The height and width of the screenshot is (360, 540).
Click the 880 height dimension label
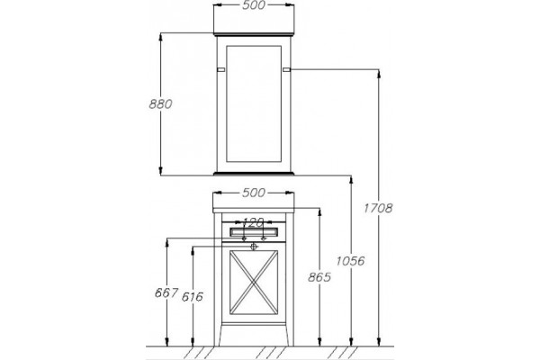click(x=160, y=103)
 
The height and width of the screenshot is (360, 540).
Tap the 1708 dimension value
click(x=378, y=208)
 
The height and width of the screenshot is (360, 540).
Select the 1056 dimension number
click(x=350, y=261)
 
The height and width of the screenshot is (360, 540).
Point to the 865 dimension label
click(x=319, y=276)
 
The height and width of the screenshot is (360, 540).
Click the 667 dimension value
click(x=166, y=292)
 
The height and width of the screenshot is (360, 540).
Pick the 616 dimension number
click(x=193, y=297)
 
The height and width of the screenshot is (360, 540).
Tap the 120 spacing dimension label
click(x=254, y=222)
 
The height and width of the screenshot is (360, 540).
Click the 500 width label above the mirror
click(x=254, y=5)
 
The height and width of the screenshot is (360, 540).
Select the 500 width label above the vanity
click(x=254, y=193)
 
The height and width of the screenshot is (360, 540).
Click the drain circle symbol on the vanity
click(x=254, y=247)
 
